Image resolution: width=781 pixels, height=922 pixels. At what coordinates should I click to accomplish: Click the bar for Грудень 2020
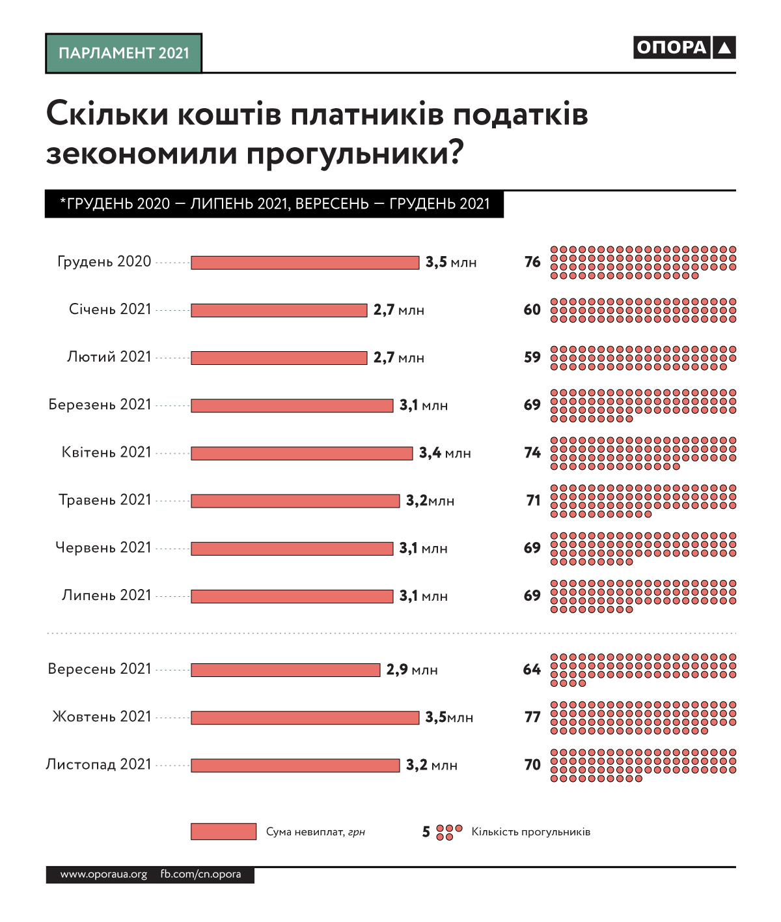305,263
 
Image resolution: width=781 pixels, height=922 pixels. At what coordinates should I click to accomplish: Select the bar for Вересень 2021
285,670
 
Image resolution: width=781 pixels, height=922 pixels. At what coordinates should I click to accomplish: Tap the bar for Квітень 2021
301,453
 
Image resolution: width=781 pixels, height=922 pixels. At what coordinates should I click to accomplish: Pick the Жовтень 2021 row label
102,717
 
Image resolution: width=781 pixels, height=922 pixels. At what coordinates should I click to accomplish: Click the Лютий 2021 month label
109,357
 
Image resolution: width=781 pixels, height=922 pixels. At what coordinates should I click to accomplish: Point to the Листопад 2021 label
98,764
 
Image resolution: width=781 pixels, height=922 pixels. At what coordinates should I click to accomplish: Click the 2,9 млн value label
412,670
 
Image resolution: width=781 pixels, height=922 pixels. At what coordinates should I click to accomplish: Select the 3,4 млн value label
445,453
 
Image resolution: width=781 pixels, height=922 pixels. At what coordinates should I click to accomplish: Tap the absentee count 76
532,262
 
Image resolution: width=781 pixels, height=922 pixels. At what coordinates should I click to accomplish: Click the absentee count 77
532,717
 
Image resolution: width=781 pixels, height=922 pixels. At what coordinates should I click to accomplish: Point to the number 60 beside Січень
532,310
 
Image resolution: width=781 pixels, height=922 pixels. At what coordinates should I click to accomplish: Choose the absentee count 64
532,670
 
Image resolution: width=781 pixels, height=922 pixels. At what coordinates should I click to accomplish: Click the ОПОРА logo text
671,48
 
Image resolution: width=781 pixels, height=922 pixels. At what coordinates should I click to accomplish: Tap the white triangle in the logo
724,48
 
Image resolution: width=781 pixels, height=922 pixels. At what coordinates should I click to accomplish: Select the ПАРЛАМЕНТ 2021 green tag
124,53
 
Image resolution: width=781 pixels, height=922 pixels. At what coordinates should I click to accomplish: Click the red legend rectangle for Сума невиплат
223,831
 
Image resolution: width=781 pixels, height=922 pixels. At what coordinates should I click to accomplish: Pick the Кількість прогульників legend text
531,832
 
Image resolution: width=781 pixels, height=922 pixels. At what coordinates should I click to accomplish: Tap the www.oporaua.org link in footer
103,874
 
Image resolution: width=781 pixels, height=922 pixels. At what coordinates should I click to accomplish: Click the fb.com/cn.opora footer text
200,874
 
